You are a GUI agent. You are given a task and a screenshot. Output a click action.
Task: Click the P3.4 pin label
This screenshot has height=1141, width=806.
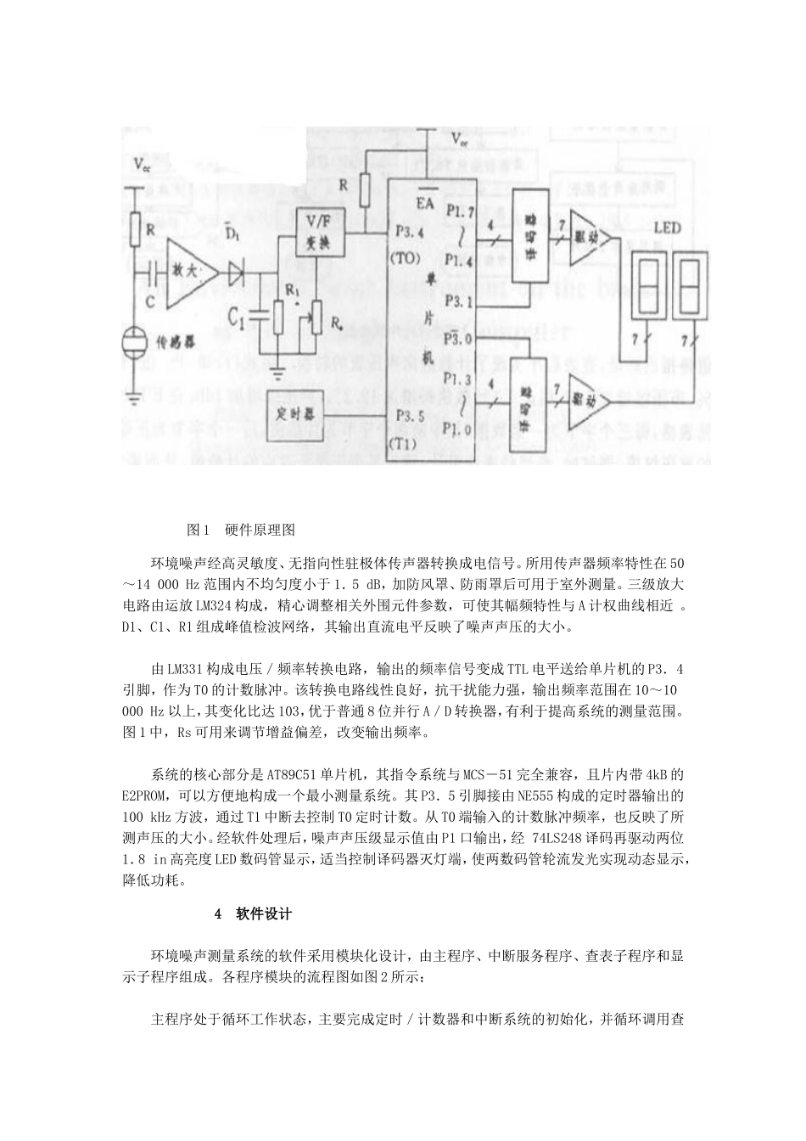[413, 230]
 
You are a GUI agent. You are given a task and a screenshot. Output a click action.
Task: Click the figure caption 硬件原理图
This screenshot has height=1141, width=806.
[260, 529]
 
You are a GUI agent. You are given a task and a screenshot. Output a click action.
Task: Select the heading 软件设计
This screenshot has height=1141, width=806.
[263, 915]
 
